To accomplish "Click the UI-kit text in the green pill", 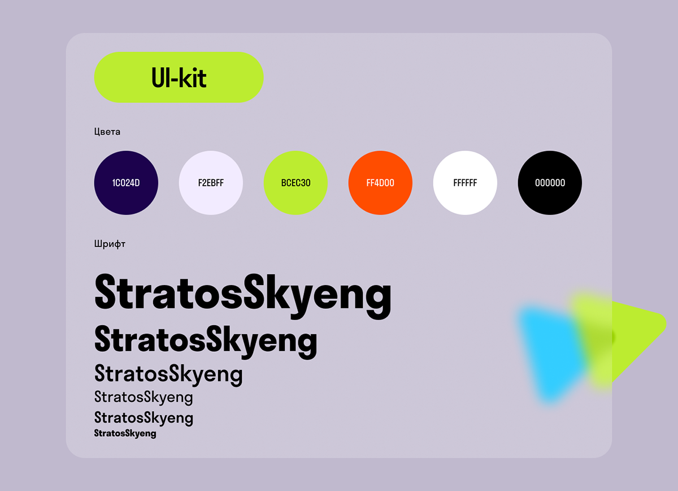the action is point(179,77).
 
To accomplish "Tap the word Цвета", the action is point(107,132).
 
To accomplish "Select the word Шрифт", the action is point(110,244).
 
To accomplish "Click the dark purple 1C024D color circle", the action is point(126,183).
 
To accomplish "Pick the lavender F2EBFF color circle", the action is point(211,183).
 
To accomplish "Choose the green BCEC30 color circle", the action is point(295,183).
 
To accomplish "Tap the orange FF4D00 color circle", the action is point(380,183).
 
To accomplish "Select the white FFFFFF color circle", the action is point(465,183).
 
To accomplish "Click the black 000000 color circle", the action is point(550,183).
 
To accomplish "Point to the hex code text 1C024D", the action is point(126,183).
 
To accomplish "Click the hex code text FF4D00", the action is point(380,183).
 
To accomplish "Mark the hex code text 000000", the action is point(550,183).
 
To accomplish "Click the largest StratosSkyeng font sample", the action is point(243,295).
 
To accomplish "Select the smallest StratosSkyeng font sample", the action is point(125,433).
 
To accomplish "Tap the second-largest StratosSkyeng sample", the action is point(206,342).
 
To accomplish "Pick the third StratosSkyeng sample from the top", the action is point(168,375).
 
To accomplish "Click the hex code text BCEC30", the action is point(295,183).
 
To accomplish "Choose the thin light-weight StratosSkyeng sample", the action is point(144,397).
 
